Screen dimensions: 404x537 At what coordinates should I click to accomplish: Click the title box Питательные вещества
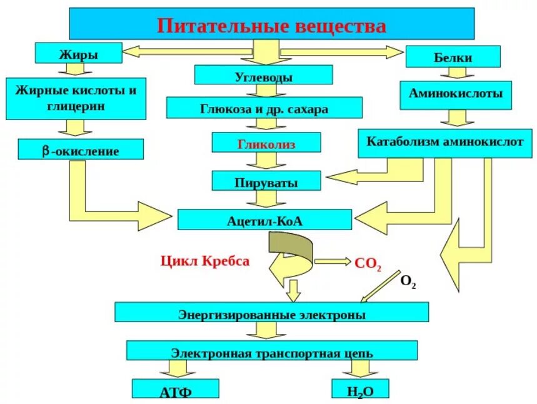(x=271, y=25)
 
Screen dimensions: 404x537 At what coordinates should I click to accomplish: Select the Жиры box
(x=79, y=53)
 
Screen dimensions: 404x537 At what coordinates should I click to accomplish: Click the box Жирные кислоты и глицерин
(x=76, y=98)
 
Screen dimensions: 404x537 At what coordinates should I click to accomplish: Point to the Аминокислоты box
(x=456, y=94)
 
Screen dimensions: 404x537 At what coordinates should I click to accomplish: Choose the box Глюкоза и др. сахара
(x=264, y=108)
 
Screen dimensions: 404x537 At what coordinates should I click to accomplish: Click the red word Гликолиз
(x=266, y=143)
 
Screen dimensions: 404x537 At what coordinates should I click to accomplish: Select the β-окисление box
(x=81, y=150)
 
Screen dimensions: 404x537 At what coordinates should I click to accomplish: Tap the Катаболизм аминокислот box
(x=444, y=143)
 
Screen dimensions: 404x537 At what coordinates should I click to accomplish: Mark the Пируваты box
(x=266, y=182)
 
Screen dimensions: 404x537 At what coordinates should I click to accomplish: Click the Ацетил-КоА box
(x=265, y=220)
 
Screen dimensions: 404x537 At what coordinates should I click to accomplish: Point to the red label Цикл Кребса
(x=205, y=261)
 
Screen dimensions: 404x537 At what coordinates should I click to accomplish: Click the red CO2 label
(x=368, y=265)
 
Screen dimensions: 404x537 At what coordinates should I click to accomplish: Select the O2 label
(x=408, y=283)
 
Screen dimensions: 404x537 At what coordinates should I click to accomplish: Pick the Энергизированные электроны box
(x=271, y=313)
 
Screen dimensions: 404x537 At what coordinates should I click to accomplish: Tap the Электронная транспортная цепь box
(x=271, y=351)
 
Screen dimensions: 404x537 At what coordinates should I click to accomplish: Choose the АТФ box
(x=176, y=390)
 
